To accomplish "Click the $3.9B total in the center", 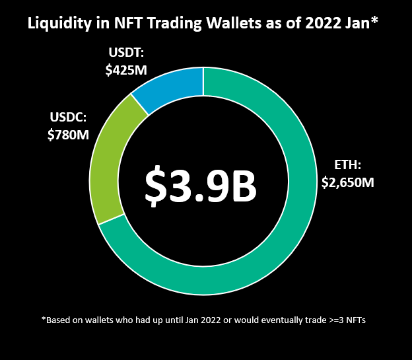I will (x=201, y=187).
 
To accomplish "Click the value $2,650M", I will (x=347, y=182).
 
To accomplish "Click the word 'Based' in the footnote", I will (x=60, y=320).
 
